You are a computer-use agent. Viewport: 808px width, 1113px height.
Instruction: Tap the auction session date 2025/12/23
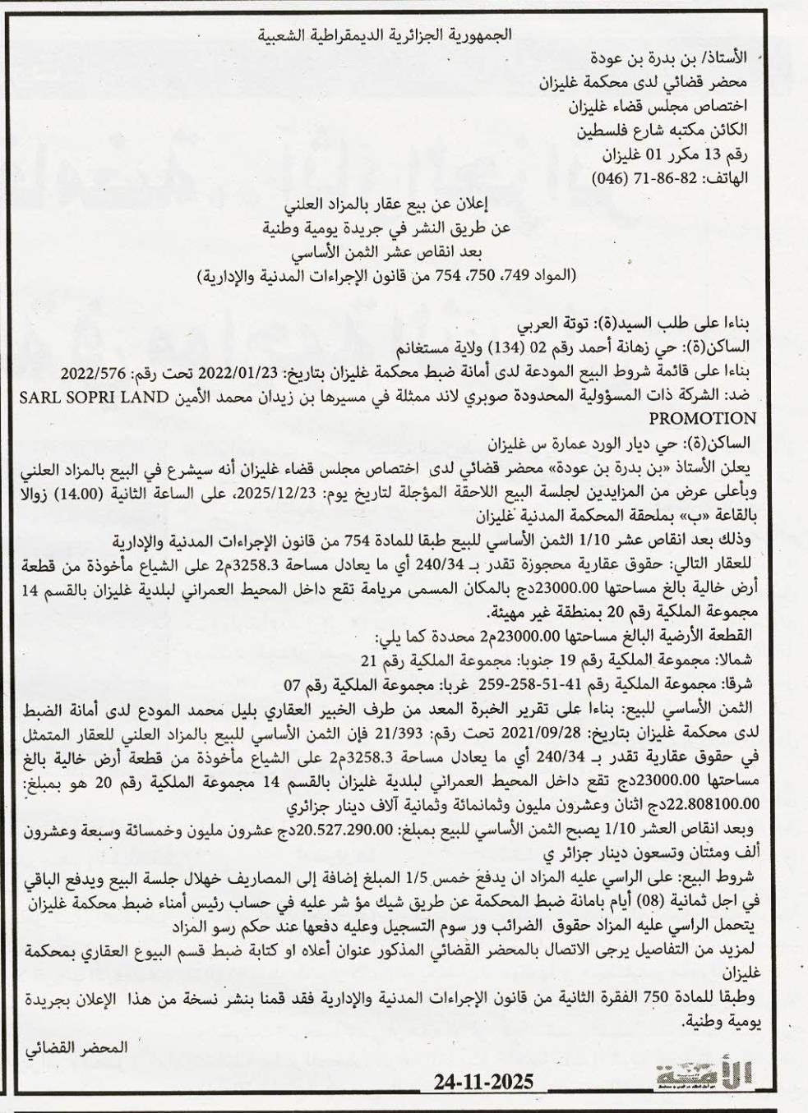click(x=344, y=494)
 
